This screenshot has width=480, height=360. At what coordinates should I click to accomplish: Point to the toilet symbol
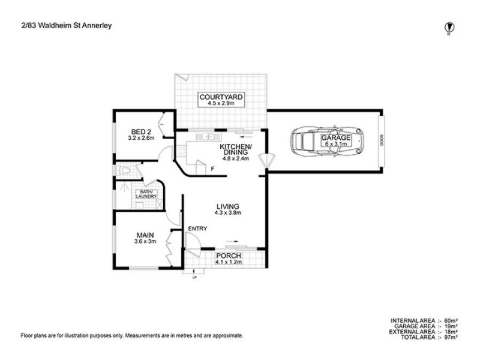[124, 172]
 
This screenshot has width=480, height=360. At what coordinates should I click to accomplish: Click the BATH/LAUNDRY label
[146, 194]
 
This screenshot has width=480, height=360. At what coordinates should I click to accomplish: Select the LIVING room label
[227, 208]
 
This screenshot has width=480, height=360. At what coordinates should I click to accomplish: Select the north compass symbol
[448, 26]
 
